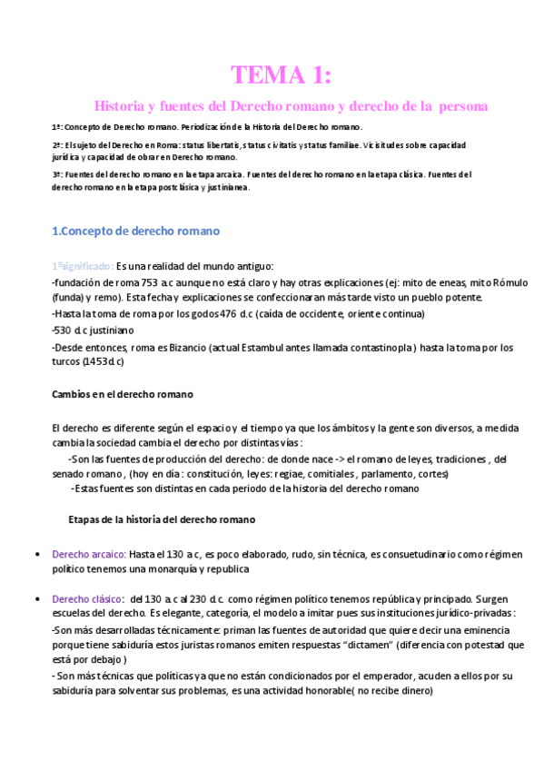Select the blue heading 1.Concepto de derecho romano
[135, 231]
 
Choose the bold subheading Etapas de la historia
[162, 520]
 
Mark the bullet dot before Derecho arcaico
[35, 554]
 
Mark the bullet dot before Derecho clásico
[35, 600]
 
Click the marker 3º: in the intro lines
[58, 173]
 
